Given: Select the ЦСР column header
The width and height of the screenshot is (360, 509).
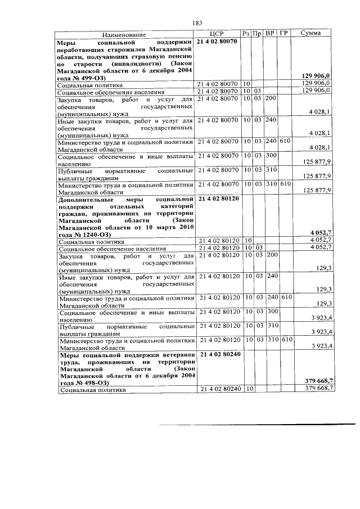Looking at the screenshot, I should coord(217,34).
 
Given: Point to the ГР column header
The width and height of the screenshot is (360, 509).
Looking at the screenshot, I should coord(284,34).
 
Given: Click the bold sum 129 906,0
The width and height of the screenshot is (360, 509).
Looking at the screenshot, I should coord(318,76).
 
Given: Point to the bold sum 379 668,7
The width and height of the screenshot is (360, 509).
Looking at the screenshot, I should coord(318,381).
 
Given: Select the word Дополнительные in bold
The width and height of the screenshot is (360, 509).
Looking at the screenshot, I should coord(86,200).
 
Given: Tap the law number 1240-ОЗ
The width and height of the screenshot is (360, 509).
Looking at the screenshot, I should coord(90,232).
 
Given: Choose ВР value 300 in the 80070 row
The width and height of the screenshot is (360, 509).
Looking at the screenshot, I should coord(271,155).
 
